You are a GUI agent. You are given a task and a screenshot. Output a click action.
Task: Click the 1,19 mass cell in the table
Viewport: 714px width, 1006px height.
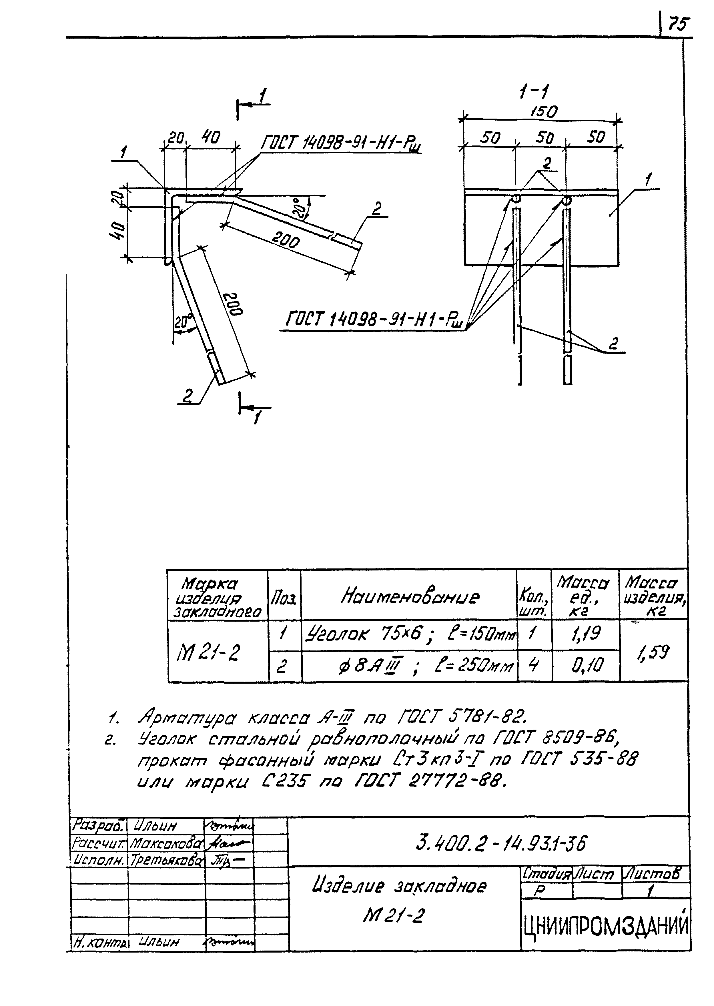tap(585, 634)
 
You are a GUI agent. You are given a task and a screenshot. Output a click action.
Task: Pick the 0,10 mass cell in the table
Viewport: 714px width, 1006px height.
tap(585, 666)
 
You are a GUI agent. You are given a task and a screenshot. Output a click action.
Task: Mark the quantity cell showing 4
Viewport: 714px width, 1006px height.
tap(534, 666)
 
